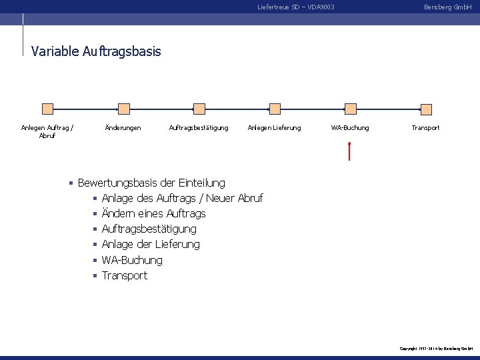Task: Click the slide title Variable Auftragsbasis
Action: (x=96, y=51)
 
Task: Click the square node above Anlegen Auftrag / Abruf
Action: (x=47, y=109)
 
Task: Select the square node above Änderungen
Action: (x=123, y=109)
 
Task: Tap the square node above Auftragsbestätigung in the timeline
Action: (x=199, y=109)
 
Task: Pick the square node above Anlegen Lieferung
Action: (x=274, y=109)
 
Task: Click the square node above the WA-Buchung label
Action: (x=350, y=109)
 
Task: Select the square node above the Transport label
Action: (x=425, y=109)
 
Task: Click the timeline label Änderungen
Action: (x=123, y=127)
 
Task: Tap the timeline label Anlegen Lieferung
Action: (x=274, y=127)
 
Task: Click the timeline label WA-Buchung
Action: (x=350, y=127)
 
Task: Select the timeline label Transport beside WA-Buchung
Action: (x=425, y=127)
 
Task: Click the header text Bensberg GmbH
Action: (x=447, y=7)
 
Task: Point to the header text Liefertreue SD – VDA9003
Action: (x=295, y=7)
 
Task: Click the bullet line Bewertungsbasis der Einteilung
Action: (x=151, y=183)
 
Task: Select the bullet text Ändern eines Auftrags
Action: (x=153, y=213)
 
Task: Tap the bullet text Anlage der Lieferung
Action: (x=151, y=244)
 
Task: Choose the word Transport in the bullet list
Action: (x=125, y=275)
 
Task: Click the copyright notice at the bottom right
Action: (x=436, y=349)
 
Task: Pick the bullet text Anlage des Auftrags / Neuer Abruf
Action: (x=182, y=198)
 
